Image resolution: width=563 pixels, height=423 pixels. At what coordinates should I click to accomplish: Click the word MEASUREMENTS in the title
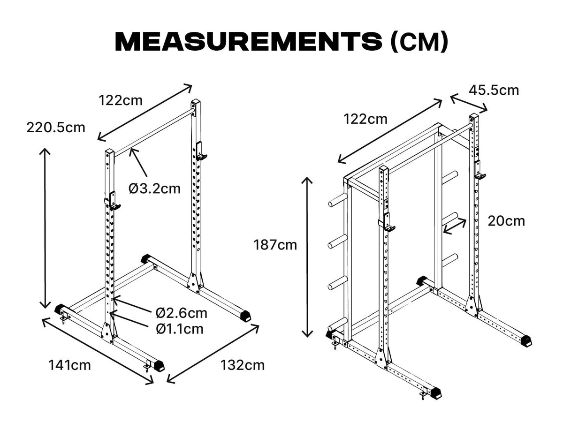point(248,42)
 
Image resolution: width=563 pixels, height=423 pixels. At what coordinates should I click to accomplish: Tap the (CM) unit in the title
point(419,42)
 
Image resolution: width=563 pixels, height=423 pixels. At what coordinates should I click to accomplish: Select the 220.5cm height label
point(56,127)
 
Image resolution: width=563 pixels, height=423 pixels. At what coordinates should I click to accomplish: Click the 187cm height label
point(275,245)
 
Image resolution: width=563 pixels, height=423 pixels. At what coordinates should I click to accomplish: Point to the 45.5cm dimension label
point(495,90)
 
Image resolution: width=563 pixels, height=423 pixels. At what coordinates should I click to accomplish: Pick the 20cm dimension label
point(506,220)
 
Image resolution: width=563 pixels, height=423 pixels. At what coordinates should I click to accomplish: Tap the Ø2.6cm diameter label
point(182,313)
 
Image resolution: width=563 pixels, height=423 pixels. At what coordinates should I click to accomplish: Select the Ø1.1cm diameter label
point(180,329)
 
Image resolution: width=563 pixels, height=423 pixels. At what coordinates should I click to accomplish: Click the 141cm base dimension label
point(69,364)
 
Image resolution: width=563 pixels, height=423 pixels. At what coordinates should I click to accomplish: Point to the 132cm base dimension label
point(243,364)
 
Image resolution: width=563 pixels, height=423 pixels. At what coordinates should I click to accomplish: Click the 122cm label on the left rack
point(120,100)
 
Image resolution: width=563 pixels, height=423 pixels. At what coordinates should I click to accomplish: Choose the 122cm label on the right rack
point(365,119)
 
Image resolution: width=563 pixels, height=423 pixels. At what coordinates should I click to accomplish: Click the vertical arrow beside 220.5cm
point(45,228)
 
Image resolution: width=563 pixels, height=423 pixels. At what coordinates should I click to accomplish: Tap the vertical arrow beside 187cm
point(307,257)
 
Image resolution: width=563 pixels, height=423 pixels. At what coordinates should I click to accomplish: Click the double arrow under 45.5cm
point(469,103)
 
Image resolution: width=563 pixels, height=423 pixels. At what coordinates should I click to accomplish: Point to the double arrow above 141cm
point(97,350)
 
